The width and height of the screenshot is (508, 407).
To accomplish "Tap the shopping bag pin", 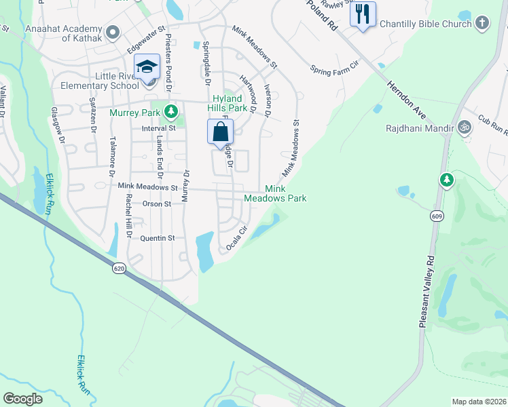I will click(221, 132).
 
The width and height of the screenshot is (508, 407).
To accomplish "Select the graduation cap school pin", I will click(147, 67).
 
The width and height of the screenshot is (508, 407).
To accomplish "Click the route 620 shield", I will click(120, 269).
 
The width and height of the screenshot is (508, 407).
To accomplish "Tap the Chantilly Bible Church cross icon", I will click(482, 24).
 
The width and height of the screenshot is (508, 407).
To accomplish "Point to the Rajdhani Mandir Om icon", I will click(465, 126).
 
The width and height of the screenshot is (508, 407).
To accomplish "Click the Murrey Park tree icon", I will click(173, 110).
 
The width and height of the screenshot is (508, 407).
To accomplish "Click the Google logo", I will click(23, 399).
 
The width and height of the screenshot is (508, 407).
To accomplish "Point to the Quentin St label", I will click(158, 238).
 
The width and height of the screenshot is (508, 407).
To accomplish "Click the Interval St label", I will click(158, 128).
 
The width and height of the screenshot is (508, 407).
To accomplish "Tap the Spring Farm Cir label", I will click(333, 69).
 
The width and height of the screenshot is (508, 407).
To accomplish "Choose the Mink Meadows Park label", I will click(285, 193).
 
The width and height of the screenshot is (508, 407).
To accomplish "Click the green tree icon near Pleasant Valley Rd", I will click(446, 180).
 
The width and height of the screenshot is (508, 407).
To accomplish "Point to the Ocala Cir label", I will click(234, 237).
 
